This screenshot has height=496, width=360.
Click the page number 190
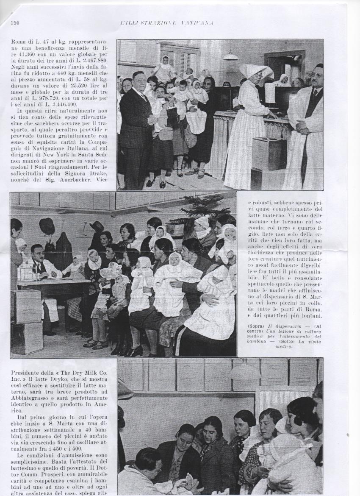click(15, 22)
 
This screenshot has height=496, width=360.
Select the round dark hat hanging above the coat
click(47, 226)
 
